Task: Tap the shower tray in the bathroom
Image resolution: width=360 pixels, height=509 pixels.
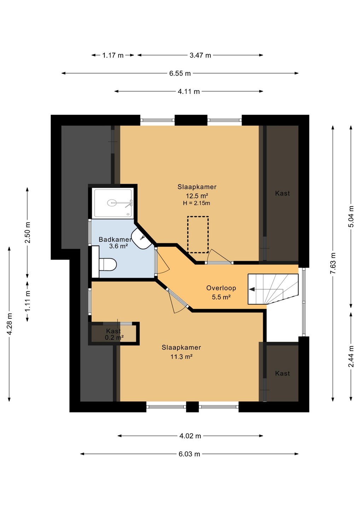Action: click(x=113, y=203)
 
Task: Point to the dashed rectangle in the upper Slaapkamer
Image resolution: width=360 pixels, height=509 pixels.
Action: click(x=198, y=234)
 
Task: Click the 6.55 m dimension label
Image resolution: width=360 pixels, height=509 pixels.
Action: click(x=180, y=74)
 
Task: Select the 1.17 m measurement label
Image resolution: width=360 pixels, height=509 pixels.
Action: click(x=113, y=55)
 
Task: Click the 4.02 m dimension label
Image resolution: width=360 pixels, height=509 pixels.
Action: click(x=190, y=436)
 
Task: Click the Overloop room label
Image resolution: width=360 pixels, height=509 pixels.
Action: click(x=221, y=288)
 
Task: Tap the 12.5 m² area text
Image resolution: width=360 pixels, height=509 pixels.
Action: click(x=197, y=196)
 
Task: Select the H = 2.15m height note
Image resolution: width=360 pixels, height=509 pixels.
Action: click(x=197, y=203)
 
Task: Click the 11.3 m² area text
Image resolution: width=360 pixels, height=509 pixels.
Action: click(x=181, y=357)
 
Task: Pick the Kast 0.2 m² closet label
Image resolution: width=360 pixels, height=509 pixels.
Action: click(x=114, y=334)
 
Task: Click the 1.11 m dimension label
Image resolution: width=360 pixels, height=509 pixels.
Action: click(x=28, y=302)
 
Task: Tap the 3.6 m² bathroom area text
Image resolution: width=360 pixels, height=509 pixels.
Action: click(x=118, y=246)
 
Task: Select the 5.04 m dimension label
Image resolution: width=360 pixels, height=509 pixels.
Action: click(x=351, y=216)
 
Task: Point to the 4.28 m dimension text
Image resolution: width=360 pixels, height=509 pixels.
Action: click(x=9, y=324)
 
